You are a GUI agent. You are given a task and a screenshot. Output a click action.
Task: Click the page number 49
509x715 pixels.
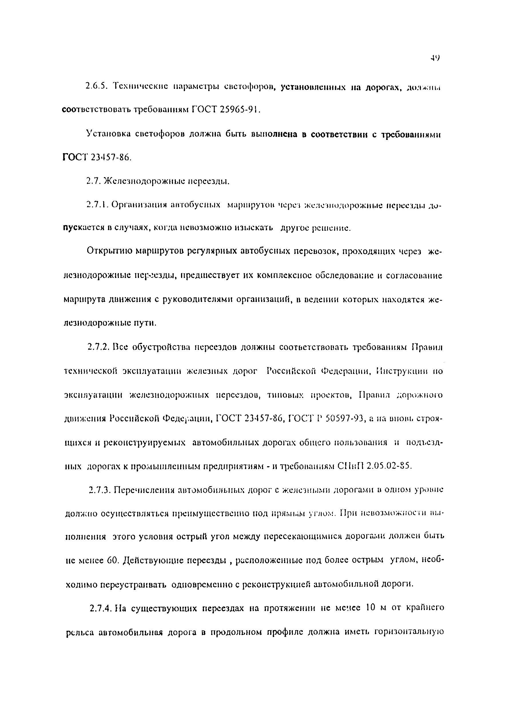[435, 58]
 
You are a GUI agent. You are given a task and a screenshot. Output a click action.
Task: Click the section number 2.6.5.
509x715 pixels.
[96, 86]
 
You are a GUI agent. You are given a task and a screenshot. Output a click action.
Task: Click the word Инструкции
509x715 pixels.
[403, 371]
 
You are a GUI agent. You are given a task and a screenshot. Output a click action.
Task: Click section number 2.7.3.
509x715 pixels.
[100, 490]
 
